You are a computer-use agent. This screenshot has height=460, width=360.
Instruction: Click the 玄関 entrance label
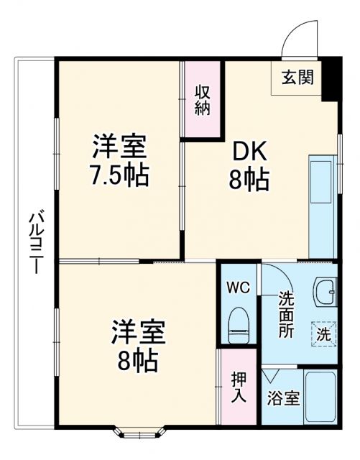pyautogui.click(x=296, y=78)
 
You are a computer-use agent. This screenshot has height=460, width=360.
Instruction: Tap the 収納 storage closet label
pyautogui.click(x=202, y=101)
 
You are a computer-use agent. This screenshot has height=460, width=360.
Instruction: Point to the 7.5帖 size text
pyautogui.click(x=119, y=175)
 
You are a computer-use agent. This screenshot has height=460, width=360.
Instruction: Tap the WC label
pyautogui.click(x=238, y=288)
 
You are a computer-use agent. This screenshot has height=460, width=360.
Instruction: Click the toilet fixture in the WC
pyautogui.click(x=237, y=326)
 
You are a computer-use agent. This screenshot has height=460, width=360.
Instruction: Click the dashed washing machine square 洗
pyautogui.click(x=323, y=333)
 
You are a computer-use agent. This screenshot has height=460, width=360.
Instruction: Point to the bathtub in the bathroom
pyautogui.click(x=320, y=397)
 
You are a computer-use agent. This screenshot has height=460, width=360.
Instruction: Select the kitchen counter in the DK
pyautogui.click(x=322, y=206)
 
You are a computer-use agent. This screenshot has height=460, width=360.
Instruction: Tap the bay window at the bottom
pyautogui.click(x=138, y=433)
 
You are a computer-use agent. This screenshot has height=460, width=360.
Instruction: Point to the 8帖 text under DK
pyautogui.click(x=249, y=180)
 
